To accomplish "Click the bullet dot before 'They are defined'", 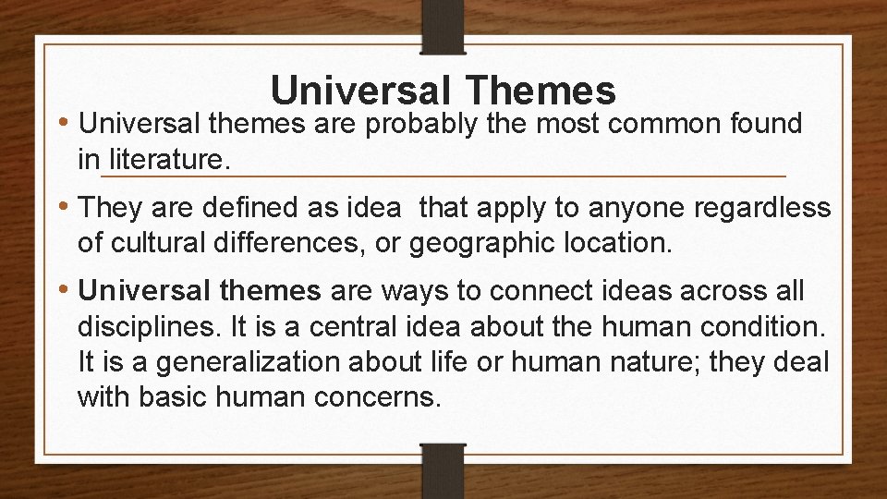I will pyautogui.click(x=67, y=209).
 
